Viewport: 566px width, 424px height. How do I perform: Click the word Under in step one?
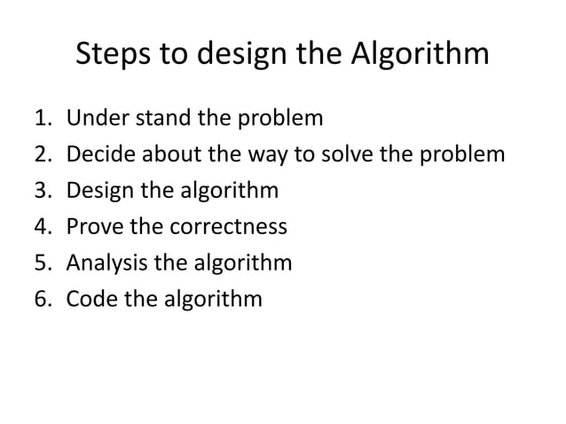tap(95, 118)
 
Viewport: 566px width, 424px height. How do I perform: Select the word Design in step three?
tap(99, 191)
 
